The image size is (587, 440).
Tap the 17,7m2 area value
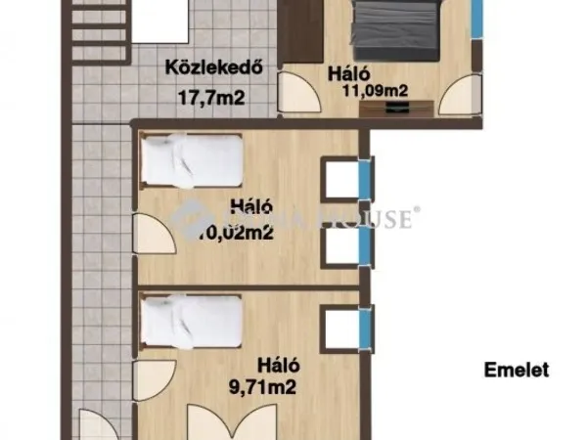click(210, 97)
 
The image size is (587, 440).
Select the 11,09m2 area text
click(375, 93)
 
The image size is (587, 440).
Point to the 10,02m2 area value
click(235, 233)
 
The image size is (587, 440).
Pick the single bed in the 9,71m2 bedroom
click(192, 323)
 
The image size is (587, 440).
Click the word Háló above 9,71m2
click(278, 366)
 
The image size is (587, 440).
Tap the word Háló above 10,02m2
click(250, 207)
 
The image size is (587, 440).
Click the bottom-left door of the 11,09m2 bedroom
click(298, 94)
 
